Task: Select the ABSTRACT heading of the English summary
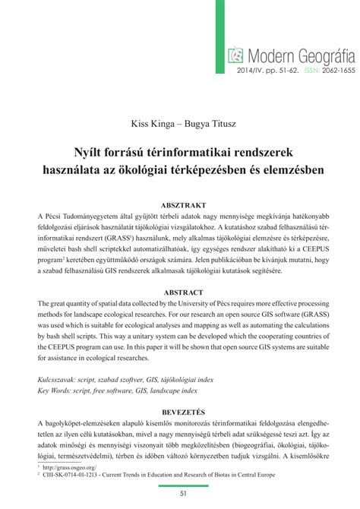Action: pyautogui.click(x=180, y=292)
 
